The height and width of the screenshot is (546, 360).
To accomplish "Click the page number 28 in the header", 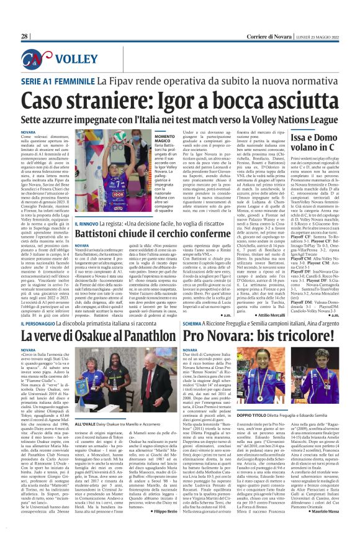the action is pyautogui.click(x=25, y=37).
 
